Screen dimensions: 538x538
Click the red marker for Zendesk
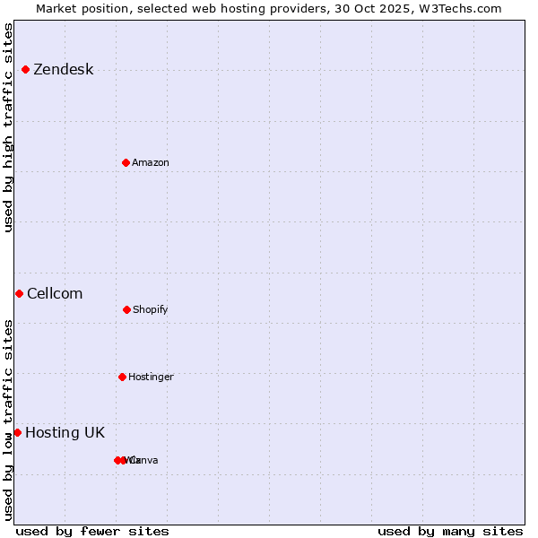pyautogui.click(x=25, y=69)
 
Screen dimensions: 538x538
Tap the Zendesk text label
pyautogui.click(x=63, y=70)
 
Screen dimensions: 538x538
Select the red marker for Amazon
pyautogui.click(x=126, y=162)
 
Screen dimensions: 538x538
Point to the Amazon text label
pyautogui.click(x=150, y=162)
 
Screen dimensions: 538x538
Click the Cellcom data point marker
pyautogui.click(x=19, y=293)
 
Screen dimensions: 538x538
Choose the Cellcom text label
pyautogui.click(x=55, y=294)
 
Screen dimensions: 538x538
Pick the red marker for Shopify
pyautogui.click(x=126, y=309)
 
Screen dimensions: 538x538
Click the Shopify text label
pyautogui.click(x=150, y=309)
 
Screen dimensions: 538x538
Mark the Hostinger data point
pyautogui.click(x=122, y=377)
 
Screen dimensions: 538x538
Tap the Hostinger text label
pyautogui.click(x=151, y=377)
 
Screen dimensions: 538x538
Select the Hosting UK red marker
pyautogui.click(x=17, y=432)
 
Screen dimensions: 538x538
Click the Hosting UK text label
pyautogui.click(x=65, y=433)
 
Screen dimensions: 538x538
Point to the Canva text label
pyautogui.click(x=144, y=460)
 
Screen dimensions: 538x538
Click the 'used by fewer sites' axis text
pyautogui.click(x=91, y=531)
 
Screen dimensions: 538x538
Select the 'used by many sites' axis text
pyautogui.click(x=450, y=531)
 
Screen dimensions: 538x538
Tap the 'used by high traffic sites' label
pyautogui.click(x=8, y=127)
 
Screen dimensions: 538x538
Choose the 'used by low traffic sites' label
pyautogui.click(x=8, y=420)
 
